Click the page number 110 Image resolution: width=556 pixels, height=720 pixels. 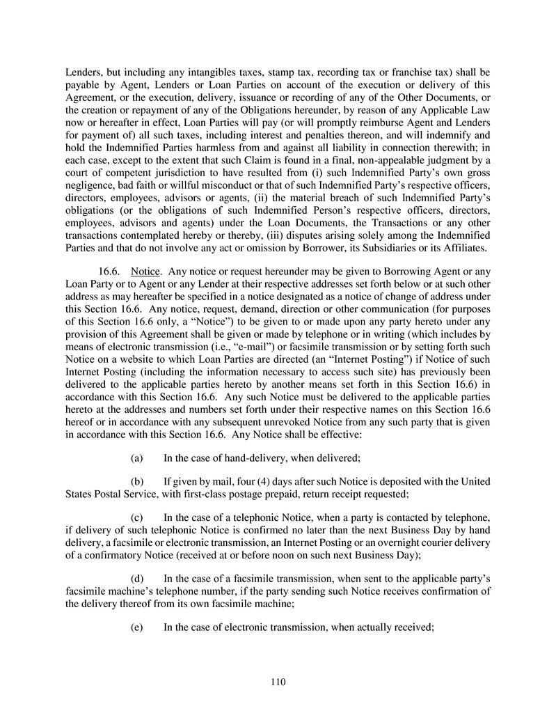point(278,682)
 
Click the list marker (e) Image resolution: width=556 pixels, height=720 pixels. point(137,627)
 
